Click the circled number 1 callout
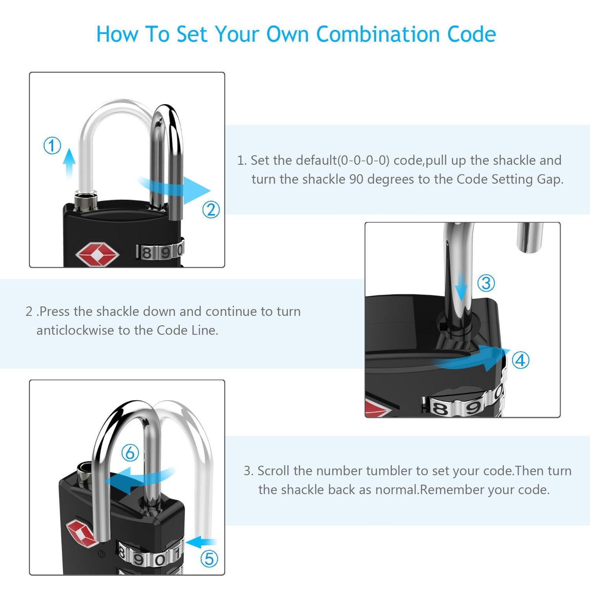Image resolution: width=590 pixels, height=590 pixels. point(52,146)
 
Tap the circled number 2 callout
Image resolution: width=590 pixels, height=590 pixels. point(211,210)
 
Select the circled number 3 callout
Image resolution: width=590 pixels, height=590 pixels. point(486,283)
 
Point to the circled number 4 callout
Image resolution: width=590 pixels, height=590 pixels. point(521,360)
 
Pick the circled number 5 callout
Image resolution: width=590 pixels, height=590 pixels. point(209,559)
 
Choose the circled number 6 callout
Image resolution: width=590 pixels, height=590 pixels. point(130,453)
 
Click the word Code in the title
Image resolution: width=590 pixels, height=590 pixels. point(472,34)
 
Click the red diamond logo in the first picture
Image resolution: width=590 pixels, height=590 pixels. point(97,254)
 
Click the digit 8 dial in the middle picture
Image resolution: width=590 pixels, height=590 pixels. point(440,408)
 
